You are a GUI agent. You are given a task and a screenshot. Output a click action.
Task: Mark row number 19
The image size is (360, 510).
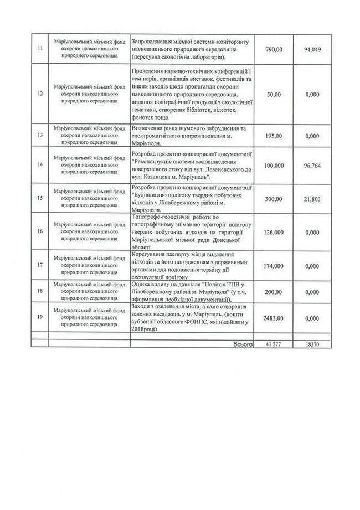pyautogui.click(x=38, y=318)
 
